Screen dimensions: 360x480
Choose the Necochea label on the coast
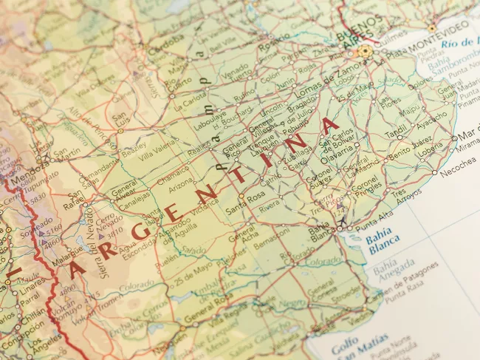click(458, 171)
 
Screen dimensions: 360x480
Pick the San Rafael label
click(75, 200)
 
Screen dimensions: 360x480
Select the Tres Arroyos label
click(407, 196)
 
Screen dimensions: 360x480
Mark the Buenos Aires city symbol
click(364, 52)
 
